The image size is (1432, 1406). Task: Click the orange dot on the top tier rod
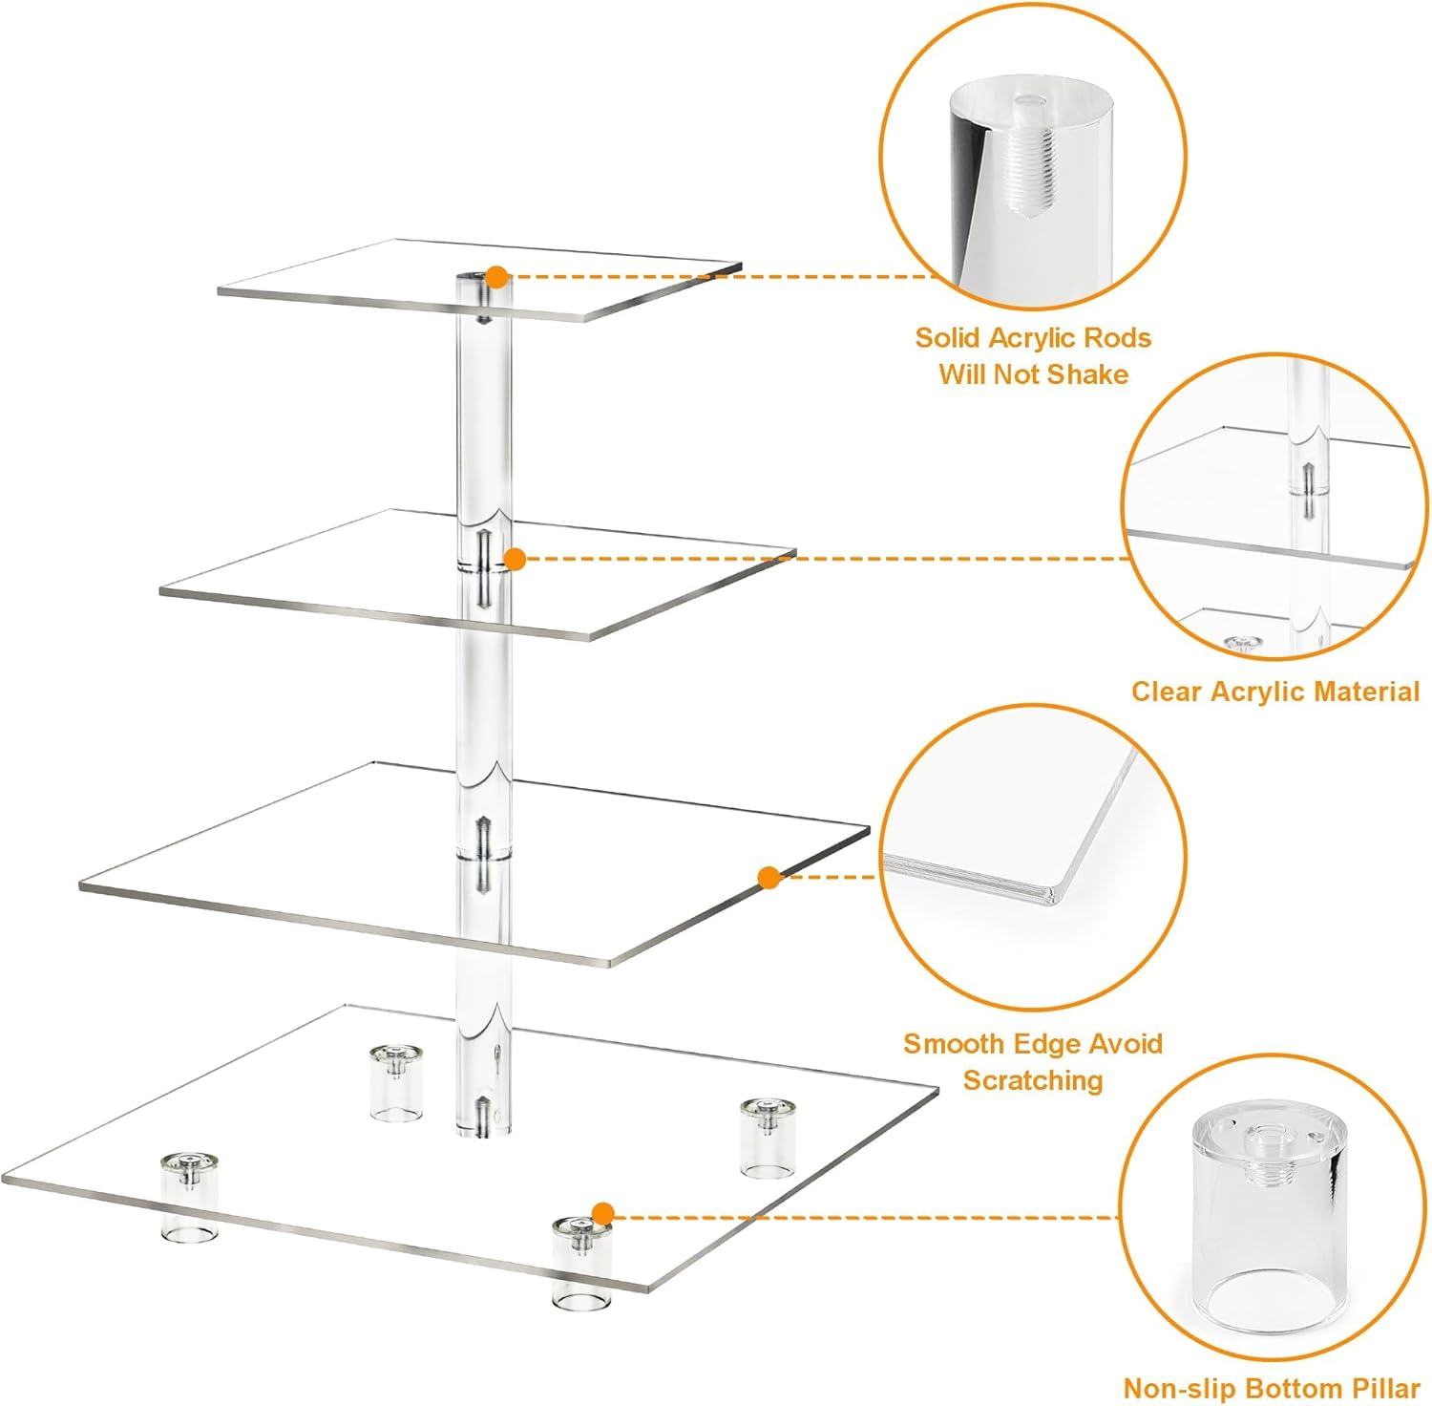coord(496,277)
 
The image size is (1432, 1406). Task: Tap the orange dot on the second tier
coord(515,560)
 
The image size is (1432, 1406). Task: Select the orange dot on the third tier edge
coord(769,878)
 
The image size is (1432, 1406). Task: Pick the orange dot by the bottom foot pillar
coord(602,1214)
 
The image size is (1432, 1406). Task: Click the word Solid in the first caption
coord(948,338)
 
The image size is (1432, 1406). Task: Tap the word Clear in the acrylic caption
coord(1167,692)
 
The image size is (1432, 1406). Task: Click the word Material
coord(1366,692)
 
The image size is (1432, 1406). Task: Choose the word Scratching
coord(1033,1080)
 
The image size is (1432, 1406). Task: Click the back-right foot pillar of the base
coord(769,1138)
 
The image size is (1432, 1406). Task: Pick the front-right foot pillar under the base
coord(580,1263)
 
